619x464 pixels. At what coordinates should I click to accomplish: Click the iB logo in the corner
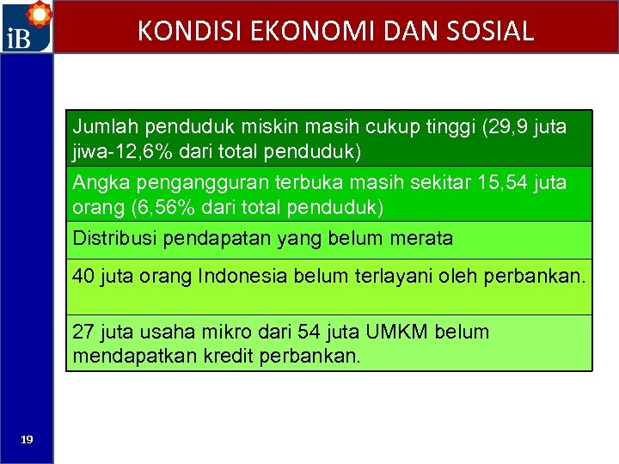[x=27, y=27]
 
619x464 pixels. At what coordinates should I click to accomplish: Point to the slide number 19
[x=27, y=439]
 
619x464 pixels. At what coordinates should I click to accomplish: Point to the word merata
[x=422, y=238]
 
